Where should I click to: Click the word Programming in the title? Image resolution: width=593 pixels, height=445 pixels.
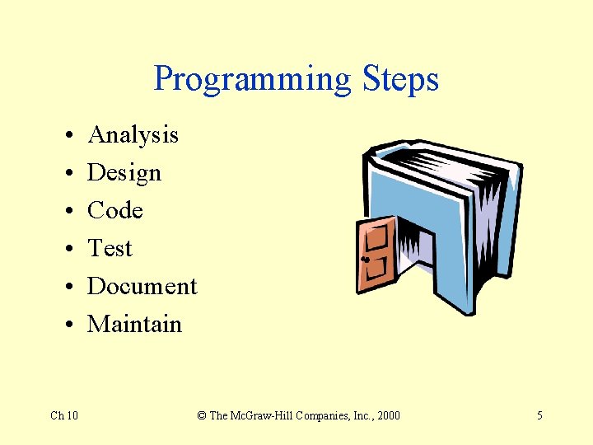(x=252, y=80)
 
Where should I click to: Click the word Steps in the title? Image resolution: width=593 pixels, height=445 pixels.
(x=399, y=80)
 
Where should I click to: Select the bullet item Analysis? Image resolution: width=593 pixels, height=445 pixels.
(x=133, y=134)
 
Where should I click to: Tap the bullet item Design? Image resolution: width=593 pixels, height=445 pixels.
(x=124, y=173)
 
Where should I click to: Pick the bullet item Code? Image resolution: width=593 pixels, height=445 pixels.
(x=115, y=211)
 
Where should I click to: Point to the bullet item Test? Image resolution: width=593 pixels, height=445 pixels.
(x=110, y=248)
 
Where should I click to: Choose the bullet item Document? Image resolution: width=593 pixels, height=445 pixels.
(x=142, y=286)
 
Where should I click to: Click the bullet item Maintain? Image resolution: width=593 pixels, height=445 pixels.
(x=134, y=324)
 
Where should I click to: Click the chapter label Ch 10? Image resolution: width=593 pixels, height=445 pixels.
(x=64, y=415)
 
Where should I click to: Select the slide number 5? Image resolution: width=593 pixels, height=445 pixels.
(x=539, y=415)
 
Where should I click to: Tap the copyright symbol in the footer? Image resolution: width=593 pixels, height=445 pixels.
(x=202, y=415)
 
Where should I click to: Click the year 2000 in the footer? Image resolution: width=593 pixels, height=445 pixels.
(x=387, y=415)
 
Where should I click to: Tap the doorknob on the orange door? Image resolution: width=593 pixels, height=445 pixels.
(x=364, y=260)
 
